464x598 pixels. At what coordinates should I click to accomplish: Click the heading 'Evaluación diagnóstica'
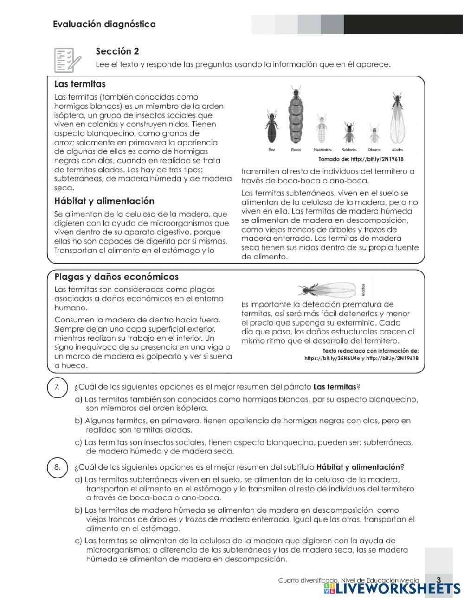point(104,25)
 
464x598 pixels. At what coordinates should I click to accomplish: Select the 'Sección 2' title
point(117,51)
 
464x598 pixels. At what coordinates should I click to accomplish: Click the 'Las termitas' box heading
point(80,84)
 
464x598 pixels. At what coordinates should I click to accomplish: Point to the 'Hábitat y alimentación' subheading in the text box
point(104,201)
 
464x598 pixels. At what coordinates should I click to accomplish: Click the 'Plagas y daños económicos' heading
point(116,277)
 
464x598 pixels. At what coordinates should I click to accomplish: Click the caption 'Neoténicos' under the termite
point(323,150)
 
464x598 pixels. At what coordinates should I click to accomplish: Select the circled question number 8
point(57,467)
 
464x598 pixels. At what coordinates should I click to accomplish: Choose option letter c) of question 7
point(78,442)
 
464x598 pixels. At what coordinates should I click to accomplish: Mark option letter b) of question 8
point(78,510)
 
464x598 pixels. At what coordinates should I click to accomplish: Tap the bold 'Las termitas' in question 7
point(335,387)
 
